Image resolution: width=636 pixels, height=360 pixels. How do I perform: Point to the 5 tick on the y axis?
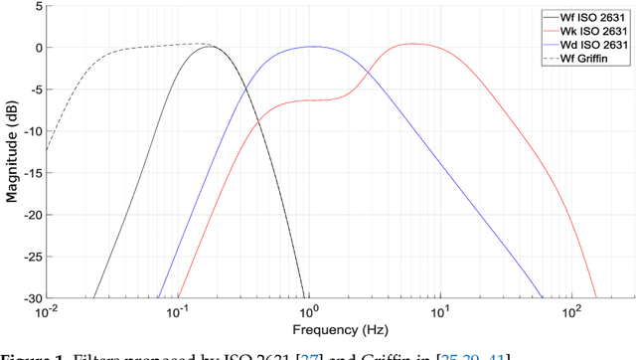tap(37, 6)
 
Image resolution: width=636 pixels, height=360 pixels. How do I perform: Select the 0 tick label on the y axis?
tap(37, 48)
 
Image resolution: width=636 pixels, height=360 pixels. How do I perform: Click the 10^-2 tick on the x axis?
tap(47, 311)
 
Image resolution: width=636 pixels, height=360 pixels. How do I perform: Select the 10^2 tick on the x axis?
tap(570, 311)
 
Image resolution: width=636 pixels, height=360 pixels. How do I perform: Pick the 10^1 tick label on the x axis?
tap(439, 311)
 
